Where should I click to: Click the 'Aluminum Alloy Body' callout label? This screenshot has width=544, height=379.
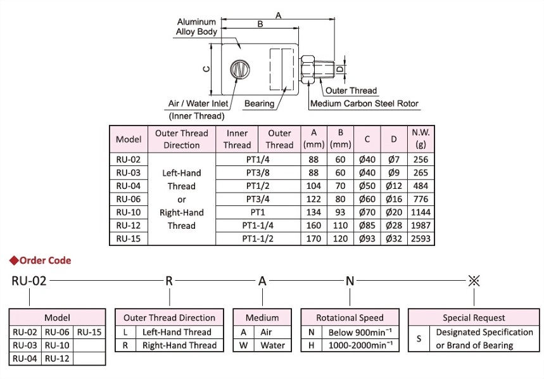click(x=196, y=27)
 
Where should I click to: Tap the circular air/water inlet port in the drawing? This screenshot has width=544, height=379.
click(x=240, y=69)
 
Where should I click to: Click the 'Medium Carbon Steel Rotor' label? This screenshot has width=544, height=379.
click(x=364, y=103)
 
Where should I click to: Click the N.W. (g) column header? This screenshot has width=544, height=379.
click(x=419, y=139)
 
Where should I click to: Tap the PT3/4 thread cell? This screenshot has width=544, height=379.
click(x=256, y=199)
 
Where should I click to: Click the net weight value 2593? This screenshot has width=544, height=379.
click(x=419, y=239)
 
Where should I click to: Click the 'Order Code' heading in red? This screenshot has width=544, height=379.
click(x=44, y=260)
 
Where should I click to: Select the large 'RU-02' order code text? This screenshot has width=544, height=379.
click(x=29, y=281)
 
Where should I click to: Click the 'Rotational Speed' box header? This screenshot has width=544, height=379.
click(x=350, y=318)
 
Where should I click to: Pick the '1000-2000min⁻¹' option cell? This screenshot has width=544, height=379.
click(x=359, y=345)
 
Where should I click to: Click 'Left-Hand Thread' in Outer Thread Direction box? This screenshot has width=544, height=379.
click(x=177, y=331)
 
